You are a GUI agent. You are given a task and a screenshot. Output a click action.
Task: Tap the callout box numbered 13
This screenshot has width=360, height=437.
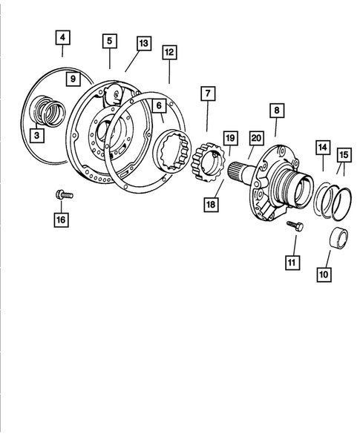tap(143, 44)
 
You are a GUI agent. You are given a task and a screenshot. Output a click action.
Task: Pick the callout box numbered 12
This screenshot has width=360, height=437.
tap(169, 52)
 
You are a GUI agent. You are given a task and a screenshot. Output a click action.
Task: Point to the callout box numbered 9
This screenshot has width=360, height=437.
tap(72, 78)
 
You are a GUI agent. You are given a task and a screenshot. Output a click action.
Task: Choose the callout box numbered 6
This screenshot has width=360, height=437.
tap(158, 106)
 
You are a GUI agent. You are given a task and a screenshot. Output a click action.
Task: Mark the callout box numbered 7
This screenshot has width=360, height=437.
tap(207, 95)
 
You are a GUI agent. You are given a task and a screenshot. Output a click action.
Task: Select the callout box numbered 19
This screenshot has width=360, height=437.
tap(230, 138)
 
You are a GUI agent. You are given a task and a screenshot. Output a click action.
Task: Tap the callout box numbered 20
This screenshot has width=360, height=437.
tap(256, 137)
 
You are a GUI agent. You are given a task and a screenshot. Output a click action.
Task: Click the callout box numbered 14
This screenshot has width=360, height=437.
tap(324, 148)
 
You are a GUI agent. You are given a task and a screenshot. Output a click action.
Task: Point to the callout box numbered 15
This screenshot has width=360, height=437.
tap(344, 154)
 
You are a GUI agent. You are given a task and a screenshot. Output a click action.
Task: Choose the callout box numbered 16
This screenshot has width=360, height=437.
tap(62, 219)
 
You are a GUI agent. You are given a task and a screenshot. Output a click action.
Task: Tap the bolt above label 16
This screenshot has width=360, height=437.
tap(62, 195)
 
